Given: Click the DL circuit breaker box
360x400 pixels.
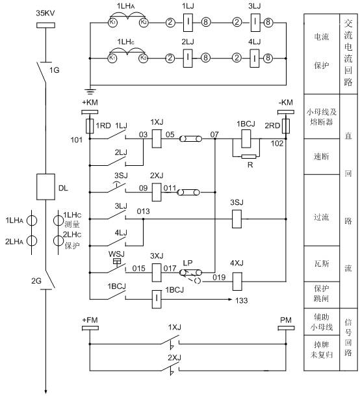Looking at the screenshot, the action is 45,187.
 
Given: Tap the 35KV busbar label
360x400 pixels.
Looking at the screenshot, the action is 45,14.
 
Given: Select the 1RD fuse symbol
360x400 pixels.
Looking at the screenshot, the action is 90,126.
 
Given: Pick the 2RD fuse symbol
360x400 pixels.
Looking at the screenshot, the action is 285,126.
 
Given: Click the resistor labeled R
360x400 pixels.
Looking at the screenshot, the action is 249,156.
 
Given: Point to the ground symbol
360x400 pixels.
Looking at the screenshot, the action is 90,90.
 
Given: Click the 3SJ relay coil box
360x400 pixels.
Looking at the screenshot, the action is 237,219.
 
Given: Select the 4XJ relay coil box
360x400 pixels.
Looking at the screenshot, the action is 237,282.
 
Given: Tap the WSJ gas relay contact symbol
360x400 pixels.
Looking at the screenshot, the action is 117,265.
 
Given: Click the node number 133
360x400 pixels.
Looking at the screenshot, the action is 242,300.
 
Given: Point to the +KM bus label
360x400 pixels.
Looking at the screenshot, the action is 90,103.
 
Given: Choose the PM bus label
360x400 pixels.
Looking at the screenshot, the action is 285,320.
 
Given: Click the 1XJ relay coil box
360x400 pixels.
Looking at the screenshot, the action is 157,139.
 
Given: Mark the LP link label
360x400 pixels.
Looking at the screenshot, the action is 188,263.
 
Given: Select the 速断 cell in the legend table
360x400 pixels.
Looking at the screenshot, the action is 322,156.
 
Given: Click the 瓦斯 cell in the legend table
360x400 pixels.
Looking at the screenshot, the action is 322,263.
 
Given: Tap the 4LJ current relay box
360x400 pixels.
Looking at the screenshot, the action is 255,58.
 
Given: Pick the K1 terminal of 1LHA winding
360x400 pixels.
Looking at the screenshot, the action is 112,23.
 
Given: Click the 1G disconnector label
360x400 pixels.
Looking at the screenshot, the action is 54,70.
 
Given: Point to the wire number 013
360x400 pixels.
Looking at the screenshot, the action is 144,211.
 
